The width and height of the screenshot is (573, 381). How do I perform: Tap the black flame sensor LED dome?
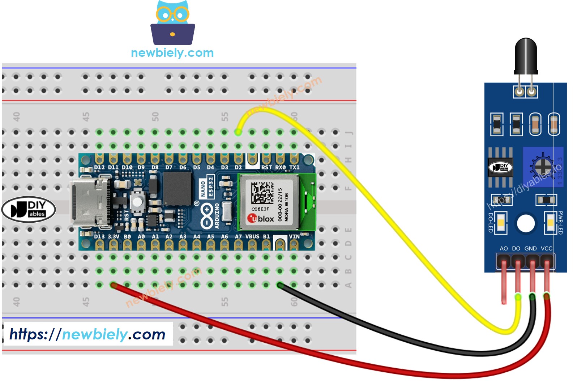(x=525, y=54)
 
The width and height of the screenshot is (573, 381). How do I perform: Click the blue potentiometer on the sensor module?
(x=542, y=167)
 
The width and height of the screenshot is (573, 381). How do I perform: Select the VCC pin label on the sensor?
(x=546, y=248)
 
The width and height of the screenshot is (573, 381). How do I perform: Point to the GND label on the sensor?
(x=530, y=248)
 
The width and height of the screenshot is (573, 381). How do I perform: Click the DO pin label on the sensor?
(x=516, y=248)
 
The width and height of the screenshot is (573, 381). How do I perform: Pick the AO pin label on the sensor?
(x=504, y=248)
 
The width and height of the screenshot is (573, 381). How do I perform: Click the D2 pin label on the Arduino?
(x=238, y=167)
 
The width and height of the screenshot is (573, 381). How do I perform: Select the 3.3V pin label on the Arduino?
(x=113, y=236)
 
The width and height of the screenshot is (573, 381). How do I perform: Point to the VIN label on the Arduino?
(x=294, y=236)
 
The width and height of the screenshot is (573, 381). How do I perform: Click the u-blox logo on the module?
(x=260, y=218)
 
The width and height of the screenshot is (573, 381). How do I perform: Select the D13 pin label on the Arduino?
(x=99, y=236)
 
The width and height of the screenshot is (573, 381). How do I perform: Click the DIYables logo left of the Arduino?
(x=29, y=209)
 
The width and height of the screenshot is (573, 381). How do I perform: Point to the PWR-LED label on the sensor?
(x=560, y=222)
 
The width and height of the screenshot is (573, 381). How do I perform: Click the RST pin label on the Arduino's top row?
(x=266, y=167)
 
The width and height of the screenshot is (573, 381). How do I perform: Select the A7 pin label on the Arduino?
(x=238, y=236)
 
